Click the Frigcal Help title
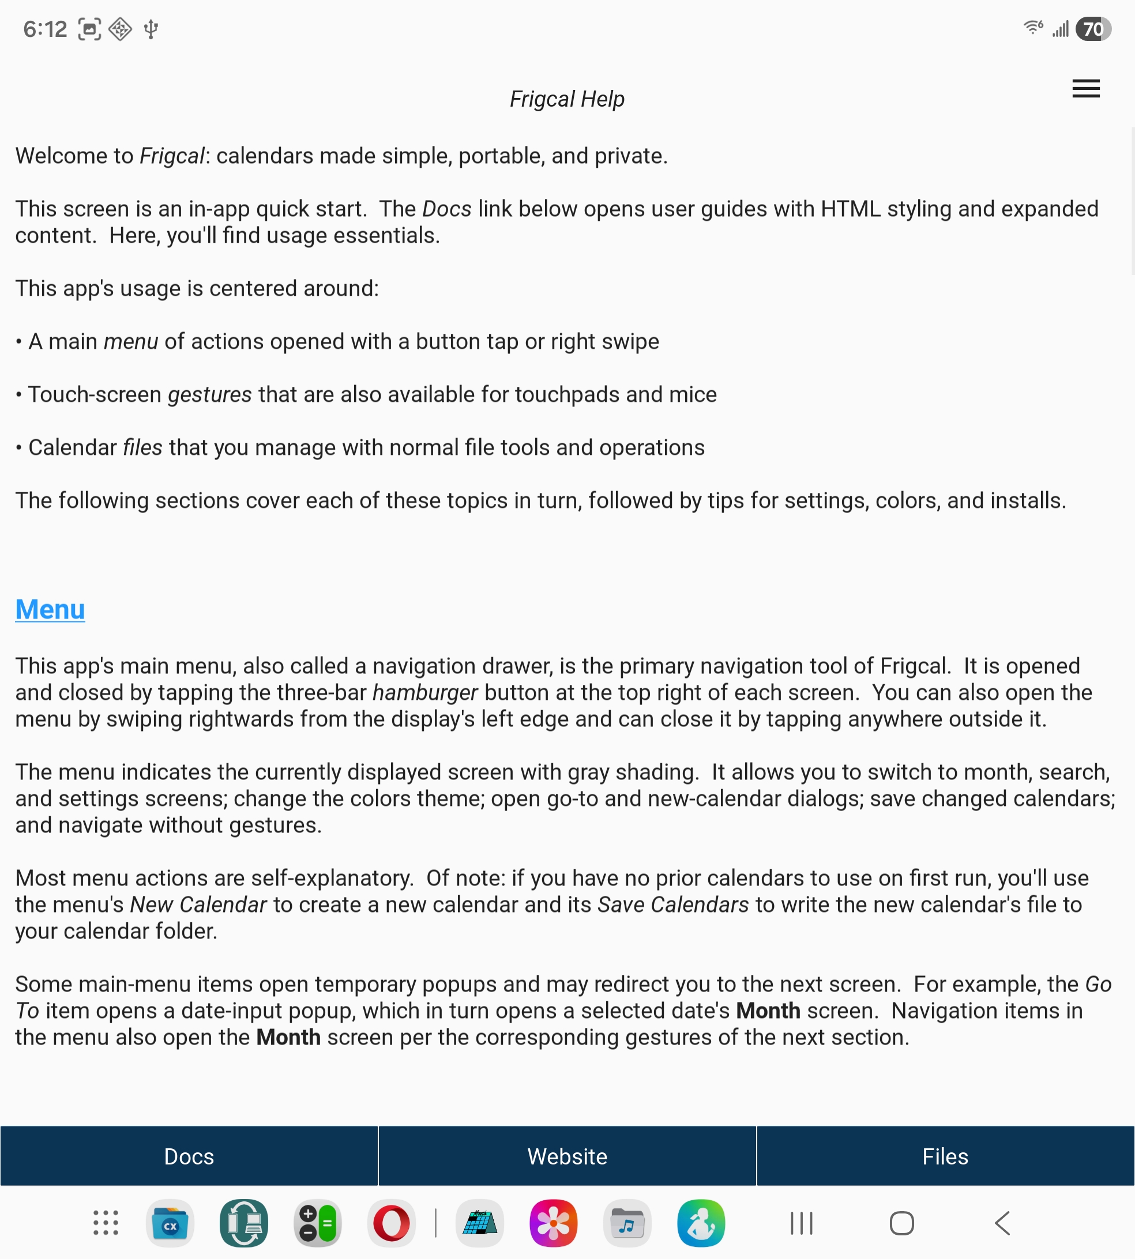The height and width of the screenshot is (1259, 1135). point(567,99)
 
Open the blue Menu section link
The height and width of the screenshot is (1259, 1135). point(50,609)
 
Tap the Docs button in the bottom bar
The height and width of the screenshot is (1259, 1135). point(189,1156)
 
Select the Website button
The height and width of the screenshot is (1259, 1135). point(567,1156)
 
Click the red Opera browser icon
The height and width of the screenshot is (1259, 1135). point(391,1223)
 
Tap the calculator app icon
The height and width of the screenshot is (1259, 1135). point(317,1223)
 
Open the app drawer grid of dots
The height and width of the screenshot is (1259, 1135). point(106,1223)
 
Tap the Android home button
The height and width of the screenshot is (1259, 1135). point(901,1223)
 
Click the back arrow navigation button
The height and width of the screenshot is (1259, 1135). point(1002,1223)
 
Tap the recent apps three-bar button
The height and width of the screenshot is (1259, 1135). point(801,1223)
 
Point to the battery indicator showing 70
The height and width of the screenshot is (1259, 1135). point(1092,29)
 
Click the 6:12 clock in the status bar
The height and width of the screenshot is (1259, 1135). point(45,29)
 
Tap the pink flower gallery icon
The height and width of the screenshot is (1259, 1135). point(553,1223)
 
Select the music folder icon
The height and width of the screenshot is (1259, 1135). point(627,1223)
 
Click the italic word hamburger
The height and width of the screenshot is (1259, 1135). point(424,692)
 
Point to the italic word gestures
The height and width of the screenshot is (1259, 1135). point(209,394)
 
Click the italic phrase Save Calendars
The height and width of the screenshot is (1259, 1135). point(673,904)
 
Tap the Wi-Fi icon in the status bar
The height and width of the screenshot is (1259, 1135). point(1033,28)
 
